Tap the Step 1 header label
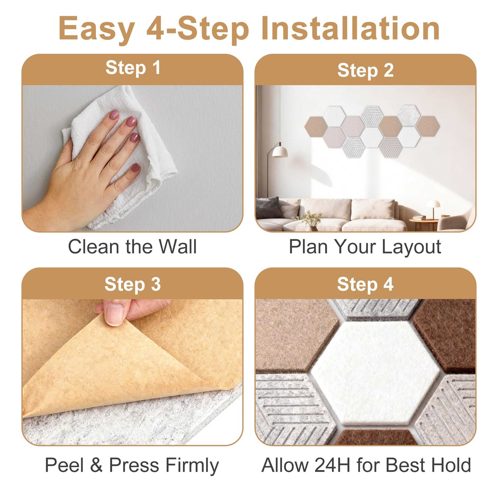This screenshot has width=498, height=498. (x=133, y=68)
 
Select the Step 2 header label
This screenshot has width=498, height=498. (x=365, y=70)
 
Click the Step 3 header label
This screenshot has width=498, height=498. (x=133, y=284)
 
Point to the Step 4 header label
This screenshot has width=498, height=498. (x=365, y=284)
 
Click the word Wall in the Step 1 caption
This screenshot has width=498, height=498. (x=178, y=247)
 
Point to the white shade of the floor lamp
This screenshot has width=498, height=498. (x=280, y=152)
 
